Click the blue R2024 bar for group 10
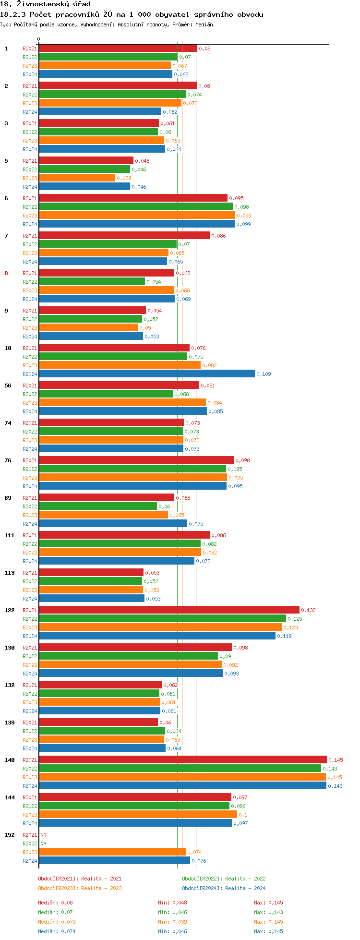146,374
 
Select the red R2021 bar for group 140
182,760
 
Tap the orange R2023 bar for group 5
77,178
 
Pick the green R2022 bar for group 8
92,282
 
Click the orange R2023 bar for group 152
112,852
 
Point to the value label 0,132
308,610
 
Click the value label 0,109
264,374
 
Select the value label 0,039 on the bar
124,178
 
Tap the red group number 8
6,273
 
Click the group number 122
10,610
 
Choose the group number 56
8,386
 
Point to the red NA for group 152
43,835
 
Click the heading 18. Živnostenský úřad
45,4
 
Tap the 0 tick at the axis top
39,39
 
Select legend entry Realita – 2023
80,888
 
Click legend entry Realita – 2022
224,879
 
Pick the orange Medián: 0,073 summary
57,922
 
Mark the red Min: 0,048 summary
172,903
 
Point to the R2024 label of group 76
30,486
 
